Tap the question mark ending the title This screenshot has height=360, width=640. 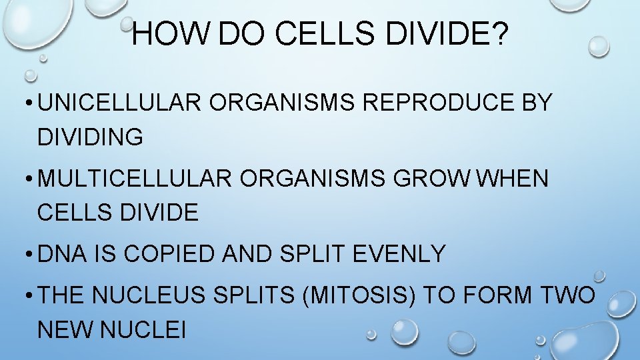coord(499,33)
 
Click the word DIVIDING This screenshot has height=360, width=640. coord(91,137)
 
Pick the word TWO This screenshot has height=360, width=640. coord(568,295)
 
